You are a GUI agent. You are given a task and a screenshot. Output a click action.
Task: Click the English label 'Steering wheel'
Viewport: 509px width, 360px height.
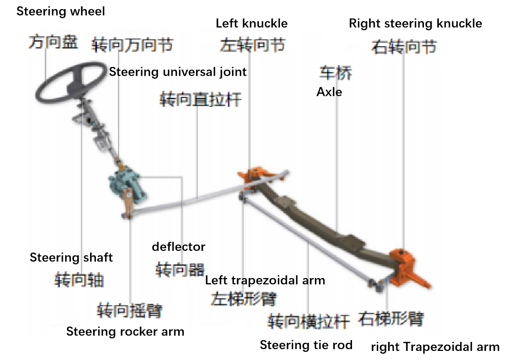61,11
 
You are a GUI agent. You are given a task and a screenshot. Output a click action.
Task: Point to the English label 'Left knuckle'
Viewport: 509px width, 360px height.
252,24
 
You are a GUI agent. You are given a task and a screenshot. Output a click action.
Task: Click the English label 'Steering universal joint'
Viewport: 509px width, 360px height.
178,72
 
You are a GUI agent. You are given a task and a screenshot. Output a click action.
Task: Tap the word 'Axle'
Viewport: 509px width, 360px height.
329,92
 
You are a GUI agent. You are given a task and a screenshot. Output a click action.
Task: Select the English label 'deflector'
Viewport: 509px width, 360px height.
179,247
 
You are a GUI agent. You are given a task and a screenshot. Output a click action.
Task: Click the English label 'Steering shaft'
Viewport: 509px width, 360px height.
71,258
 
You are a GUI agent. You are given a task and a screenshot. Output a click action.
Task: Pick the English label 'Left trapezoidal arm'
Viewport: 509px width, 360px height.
265,280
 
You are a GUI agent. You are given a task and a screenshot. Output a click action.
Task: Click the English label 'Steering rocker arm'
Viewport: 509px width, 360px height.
125,331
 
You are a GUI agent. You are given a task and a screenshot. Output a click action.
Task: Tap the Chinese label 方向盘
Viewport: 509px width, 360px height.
53,43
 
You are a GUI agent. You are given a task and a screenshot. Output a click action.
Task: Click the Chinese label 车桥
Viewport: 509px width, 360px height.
336,72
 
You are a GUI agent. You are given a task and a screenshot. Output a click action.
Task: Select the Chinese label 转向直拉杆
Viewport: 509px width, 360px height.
200,99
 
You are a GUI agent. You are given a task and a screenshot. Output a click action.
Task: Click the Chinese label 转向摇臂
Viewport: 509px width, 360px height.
129,311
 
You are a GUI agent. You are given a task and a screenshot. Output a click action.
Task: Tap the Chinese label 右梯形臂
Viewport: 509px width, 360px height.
391,319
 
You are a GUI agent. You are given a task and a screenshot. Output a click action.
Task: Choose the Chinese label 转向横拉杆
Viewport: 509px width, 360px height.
309,322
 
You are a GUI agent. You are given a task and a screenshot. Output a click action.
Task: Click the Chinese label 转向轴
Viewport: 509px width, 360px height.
79,279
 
